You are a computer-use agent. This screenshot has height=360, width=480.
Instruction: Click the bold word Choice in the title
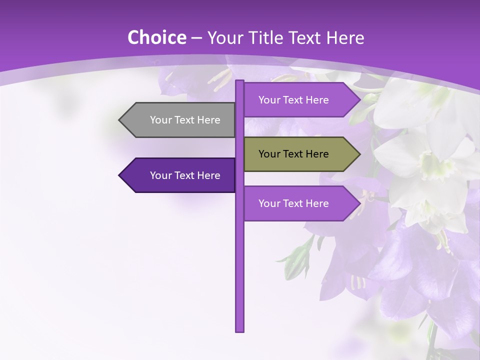click(156, 37)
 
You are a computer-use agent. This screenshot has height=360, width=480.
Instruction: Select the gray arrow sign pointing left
click(177, 120)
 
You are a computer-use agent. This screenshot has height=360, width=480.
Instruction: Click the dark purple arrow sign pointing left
click(177, 175)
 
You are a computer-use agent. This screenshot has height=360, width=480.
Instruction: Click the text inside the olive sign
click(293, 154)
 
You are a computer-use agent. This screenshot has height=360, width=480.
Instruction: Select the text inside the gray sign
click(185, 120)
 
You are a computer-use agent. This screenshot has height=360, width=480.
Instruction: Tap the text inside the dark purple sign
click(185, 175)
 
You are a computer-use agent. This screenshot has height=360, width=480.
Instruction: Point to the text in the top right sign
click(293, 100)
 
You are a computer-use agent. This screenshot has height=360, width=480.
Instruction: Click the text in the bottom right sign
click(293, 203)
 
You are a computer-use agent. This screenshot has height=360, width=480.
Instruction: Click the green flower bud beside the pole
click(298, 260)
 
